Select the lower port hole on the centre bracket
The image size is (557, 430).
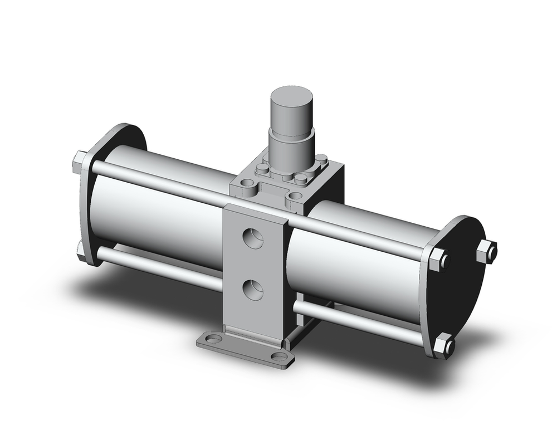253,290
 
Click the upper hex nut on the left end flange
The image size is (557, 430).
79,162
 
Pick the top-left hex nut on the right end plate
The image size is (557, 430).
438,258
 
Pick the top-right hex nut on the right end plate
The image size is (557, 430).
486,251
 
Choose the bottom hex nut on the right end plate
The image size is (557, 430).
443,346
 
